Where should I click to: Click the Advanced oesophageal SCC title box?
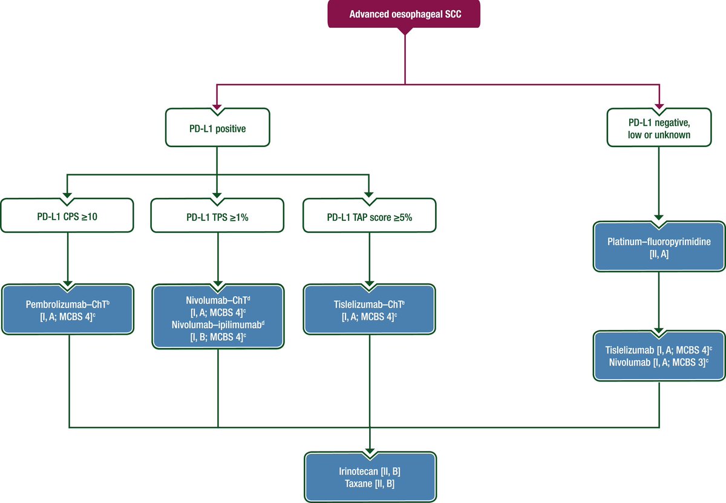point(404,15)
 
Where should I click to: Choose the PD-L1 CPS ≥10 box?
point(68,215)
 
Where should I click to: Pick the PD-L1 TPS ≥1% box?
point(217,215)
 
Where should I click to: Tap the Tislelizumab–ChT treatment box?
point(369,310)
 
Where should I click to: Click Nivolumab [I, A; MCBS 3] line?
point(657,361)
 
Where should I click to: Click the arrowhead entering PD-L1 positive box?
point(217,106)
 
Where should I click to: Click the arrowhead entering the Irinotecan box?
point(370,449)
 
